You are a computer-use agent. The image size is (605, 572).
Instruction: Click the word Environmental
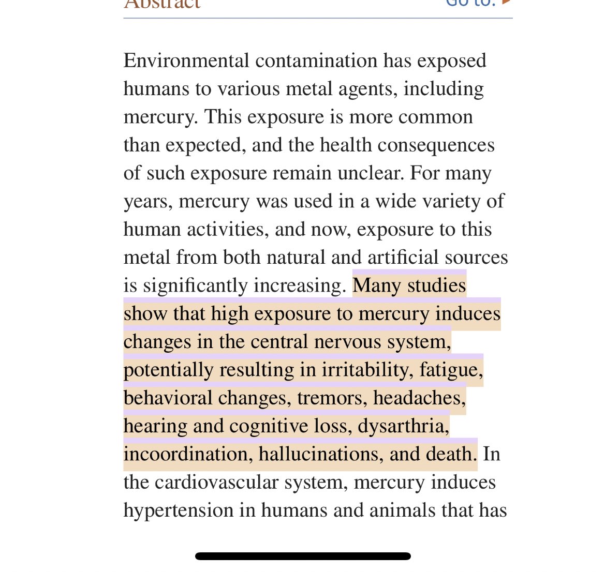(186, 61)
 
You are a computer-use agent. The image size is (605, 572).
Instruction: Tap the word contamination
(316, 61)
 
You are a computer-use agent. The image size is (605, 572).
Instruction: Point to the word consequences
(436, 145)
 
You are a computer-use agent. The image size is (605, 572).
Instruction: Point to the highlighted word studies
(437, 285)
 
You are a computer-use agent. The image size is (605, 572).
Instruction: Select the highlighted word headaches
(419, 398)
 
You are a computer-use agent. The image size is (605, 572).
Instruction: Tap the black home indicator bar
(303, 556)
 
